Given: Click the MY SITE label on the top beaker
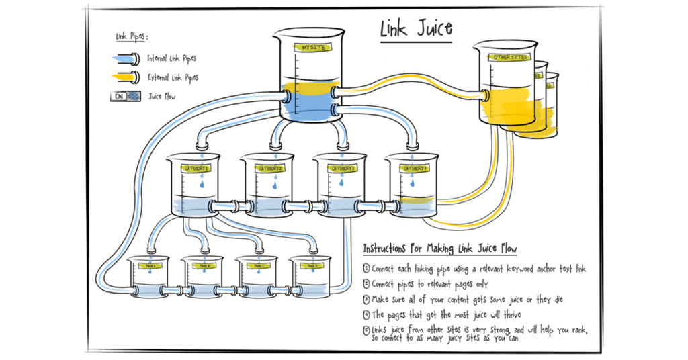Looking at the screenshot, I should [x=312, y=48].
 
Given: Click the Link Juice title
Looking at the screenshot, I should [x=416, y=28].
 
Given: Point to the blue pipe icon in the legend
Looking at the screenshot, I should [x=126, y=59].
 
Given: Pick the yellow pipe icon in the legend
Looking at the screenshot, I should [x=126, y=77].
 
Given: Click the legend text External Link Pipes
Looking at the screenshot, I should [x=173, y=78].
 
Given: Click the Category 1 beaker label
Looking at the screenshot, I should [x=200, y=169].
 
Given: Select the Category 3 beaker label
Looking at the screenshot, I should [x=342, y=169].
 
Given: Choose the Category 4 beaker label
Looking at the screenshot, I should [x=413, y=169].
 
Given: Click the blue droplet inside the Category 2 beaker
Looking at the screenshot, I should [x=271, y=183].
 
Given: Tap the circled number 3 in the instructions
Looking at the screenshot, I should [x=366, y=300].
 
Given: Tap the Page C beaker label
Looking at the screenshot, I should [x=258, y=266].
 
